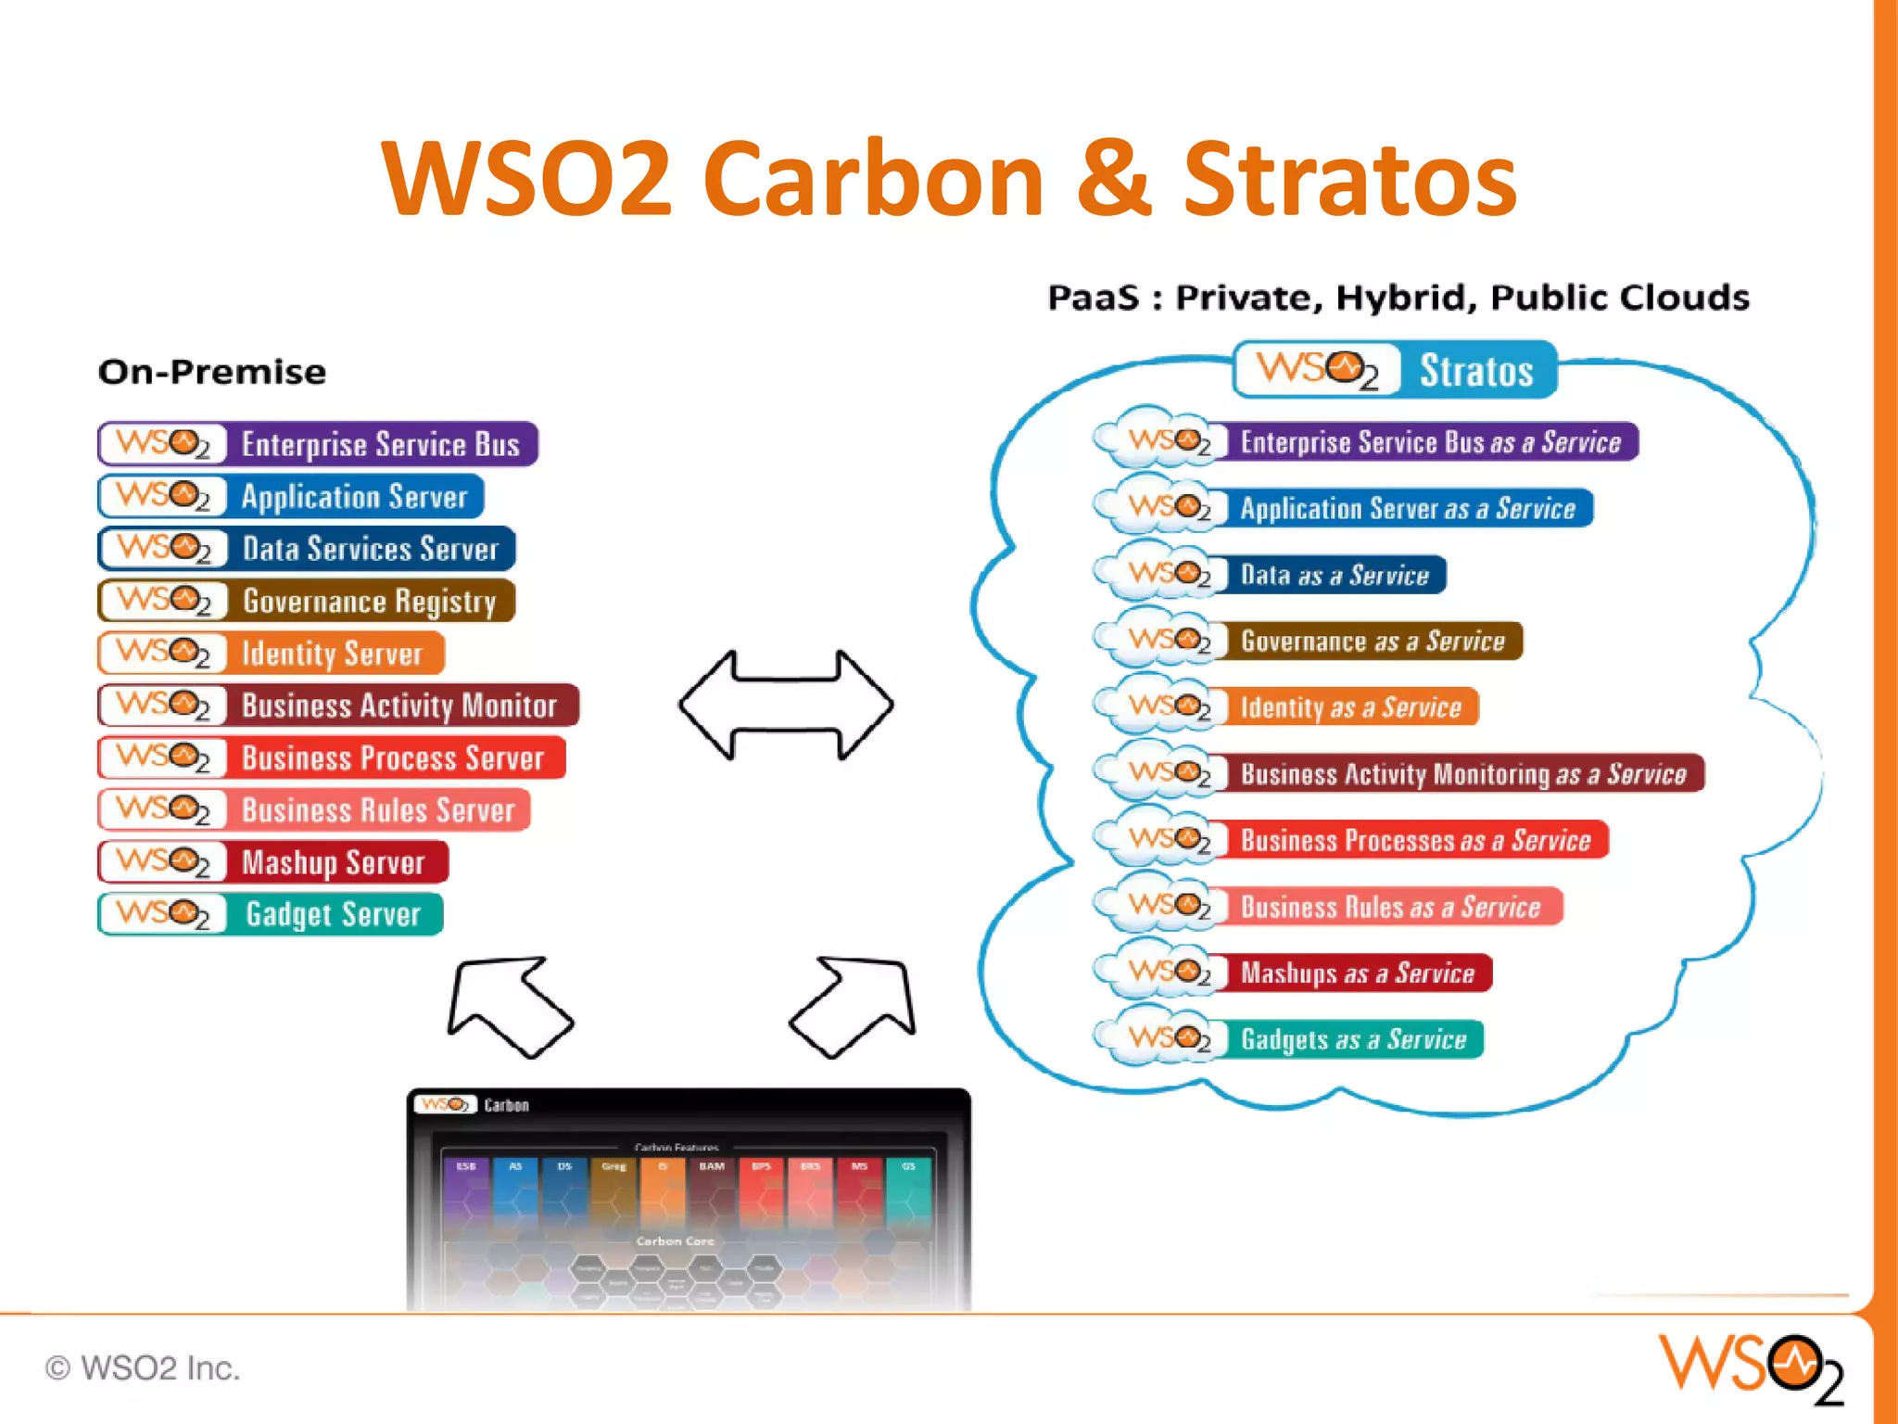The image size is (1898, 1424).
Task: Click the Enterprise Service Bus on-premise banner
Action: [318, 444]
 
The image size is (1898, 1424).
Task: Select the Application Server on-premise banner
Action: [291, 497]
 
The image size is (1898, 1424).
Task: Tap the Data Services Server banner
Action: [307, 549]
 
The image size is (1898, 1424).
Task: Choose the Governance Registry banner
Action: [307, 601]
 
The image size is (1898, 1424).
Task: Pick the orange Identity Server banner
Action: [272, 654]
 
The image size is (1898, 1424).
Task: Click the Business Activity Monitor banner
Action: [338, 706]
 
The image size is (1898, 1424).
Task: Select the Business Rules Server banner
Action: [314, 810]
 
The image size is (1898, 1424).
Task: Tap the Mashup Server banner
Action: [273, 862]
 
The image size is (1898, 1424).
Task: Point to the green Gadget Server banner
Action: [271, 914]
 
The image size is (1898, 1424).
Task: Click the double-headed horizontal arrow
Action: [786, 706]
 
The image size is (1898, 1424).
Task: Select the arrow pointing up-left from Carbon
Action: [508, 1006]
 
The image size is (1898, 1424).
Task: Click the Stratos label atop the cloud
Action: [1395, 370]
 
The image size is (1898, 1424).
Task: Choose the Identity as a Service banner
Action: [1288, 707]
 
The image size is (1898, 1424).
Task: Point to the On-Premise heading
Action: [212, 372]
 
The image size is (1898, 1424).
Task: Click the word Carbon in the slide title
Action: [874, 178]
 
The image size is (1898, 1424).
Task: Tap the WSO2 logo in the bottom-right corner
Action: [1750, 1367]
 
